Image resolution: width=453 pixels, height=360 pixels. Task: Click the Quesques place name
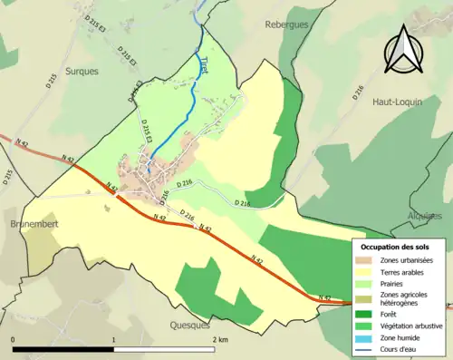[x=189, y=323]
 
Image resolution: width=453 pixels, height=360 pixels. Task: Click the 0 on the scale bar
[x=14, y=339]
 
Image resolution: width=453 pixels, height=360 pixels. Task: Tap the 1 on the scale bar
[x=113, y=339]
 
